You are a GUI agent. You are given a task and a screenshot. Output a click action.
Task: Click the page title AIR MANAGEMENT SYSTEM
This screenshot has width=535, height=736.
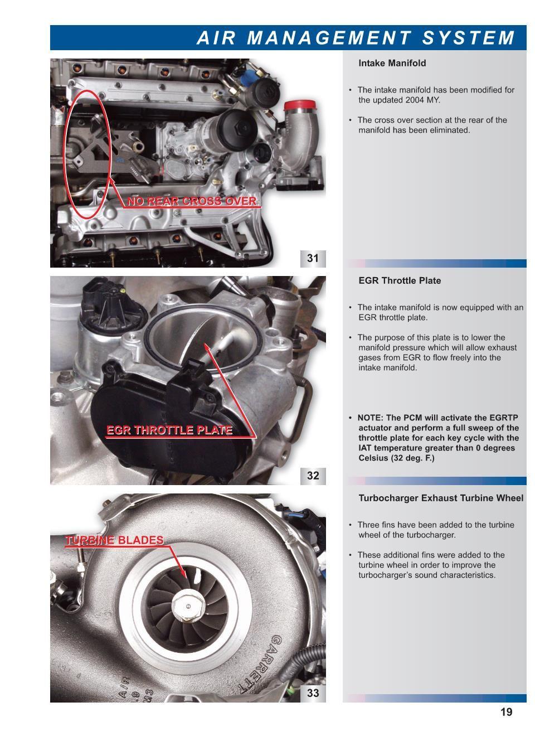click(356, 37)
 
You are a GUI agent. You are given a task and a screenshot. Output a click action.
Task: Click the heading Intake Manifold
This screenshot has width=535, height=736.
click(392, 63)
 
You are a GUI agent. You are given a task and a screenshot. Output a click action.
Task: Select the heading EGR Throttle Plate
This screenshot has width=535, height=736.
click(399, 280)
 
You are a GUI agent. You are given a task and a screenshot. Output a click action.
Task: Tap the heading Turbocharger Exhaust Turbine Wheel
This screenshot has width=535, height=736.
click(440, 498)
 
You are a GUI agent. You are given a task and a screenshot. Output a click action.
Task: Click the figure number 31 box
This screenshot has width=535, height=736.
click(313, 258)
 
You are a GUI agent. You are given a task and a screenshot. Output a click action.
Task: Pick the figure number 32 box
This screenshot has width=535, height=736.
click(313, 476)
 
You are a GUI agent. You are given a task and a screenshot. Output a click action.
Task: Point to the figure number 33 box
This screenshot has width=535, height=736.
click(313, 693)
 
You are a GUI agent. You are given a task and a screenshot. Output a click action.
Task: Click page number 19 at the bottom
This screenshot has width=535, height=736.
click(506, 712)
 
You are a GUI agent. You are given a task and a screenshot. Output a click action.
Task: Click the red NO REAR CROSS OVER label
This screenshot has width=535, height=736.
click(192, 201)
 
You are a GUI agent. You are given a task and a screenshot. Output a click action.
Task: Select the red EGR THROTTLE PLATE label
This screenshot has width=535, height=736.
click(169, 430)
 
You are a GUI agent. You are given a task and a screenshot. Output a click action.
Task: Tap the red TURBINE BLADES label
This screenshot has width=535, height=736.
click(114, 540)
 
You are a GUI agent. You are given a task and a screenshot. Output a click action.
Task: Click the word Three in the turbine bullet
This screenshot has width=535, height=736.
click(368, 525)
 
